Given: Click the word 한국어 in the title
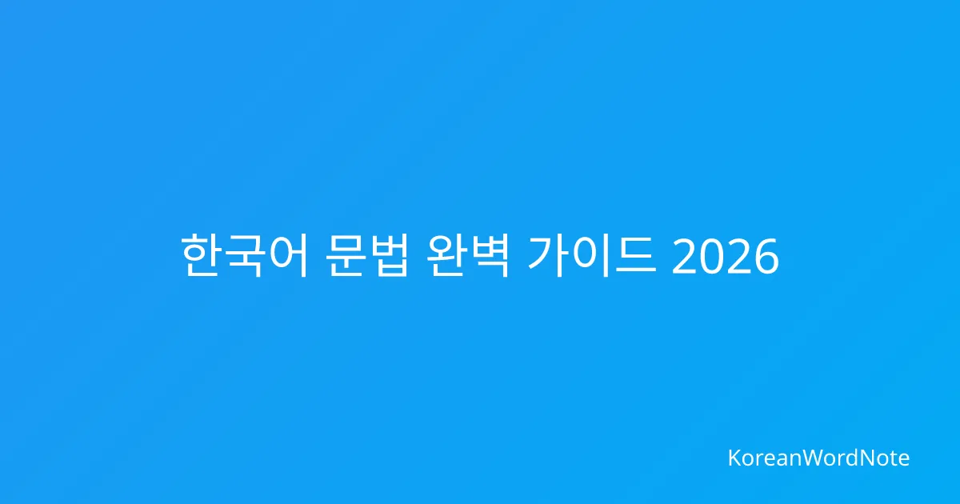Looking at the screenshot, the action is tap(244, 255).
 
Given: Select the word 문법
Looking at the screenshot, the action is tap(367, 255).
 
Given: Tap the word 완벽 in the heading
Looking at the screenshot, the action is tap(468, 255).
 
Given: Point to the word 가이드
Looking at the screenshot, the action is tap(592, 255).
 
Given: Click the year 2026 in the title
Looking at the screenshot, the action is tap(725, 257).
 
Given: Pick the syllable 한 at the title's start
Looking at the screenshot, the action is tap(200, 255).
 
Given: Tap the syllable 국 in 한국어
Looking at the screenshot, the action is tap(243, 255).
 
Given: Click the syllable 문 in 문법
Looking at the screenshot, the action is tap(345, 255).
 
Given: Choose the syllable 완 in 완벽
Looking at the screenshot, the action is tap(446, 255).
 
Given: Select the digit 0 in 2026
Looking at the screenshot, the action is tap(711, 257).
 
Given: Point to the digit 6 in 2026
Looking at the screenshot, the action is tap(766, 257).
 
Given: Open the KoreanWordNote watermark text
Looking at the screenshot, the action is tap(819, 458).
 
